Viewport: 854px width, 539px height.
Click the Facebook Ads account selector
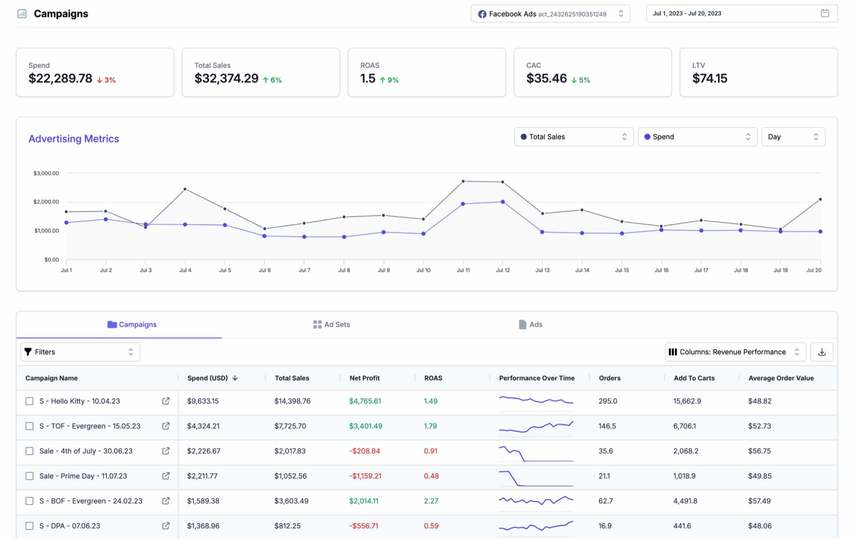550,14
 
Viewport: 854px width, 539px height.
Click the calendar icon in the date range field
824,13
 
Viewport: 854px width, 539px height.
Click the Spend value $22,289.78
60,78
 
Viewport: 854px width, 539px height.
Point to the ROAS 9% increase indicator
389,80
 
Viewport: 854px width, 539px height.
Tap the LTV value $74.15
709,78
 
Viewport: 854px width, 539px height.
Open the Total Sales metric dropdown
573,137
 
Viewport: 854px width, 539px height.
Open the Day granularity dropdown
793,137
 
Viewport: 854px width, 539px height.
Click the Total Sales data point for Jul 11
463,181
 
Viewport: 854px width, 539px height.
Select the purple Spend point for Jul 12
502,202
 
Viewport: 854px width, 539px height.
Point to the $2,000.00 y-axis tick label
46,202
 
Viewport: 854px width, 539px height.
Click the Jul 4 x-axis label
185,270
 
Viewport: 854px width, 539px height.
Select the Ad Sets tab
332,325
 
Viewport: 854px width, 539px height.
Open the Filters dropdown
80,352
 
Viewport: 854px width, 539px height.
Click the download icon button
821,352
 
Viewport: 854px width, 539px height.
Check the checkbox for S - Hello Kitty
30,401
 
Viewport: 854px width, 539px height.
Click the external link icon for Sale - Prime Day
166,476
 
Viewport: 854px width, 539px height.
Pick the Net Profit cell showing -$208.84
364,451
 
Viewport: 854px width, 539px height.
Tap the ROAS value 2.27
431,501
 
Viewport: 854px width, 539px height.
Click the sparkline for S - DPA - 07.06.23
536,526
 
